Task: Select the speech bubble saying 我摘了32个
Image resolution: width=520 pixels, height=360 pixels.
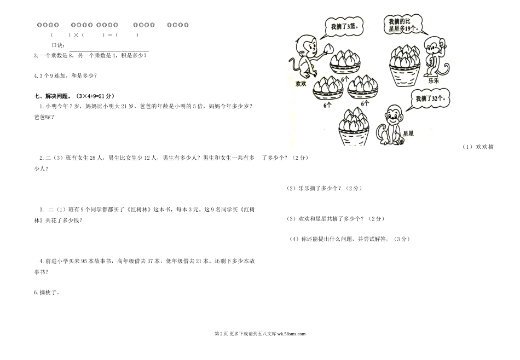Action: [426, 99]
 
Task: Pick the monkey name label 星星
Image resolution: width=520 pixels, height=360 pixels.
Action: [408, 133]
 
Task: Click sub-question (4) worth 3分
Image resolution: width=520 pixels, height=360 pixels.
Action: [349, 239]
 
